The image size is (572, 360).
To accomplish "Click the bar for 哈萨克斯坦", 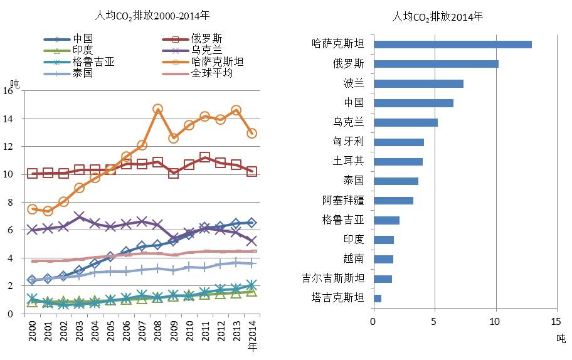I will [452, 45].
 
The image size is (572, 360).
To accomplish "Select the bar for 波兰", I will [418, 83].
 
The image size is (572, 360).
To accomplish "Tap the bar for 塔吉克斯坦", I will [377, 298].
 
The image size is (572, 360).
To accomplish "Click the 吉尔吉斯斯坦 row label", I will [334, 278].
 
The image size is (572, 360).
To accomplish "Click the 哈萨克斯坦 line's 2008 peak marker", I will [158, 109].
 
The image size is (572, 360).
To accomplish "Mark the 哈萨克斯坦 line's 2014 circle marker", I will [252, 133].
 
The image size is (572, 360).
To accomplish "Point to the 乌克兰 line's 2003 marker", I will [80, 217].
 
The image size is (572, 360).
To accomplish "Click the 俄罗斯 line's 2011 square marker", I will [204, 157].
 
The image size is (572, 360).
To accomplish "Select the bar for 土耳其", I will [398, 162].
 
